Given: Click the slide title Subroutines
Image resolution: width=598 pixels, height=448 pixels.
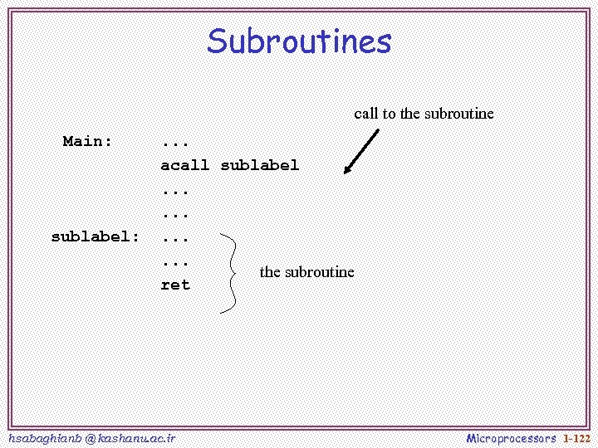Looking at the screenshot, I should point(299,41).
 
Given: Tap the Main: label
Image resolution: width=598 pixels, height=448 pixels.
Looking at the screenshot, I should point(87,141).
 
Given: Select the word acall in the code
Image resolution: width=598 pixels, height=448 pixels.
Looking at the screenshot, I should point(184,165).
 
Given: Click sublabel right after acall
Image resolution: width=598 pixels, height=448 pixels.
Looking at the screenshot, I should point(259,165).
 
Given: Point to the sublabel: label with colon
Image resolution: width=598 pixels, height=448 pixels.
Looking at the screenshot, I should point(96,236).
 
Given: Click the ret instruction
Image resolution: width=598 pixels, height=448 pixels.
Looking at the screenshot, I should point(174,285).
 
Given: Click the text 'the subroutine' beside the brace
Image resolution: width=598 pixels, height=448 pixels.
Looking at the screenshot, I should point(306,272).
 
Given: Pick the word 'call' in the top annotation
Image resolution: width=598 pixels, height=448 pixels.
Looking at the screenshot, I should point(365,114).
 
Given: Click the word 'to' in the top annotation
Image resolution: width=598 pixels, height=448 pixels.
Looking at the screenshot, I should point(389,114).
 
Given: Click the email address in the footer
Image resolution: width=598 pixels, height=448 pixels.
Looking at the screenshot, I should point(91,437).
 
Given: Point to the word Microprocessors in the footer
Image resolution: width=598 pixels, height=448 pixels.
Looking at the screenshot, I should point(511,437).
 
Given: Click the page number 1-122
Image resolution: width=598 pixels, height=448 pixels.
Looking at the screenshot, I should point(576,437).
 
